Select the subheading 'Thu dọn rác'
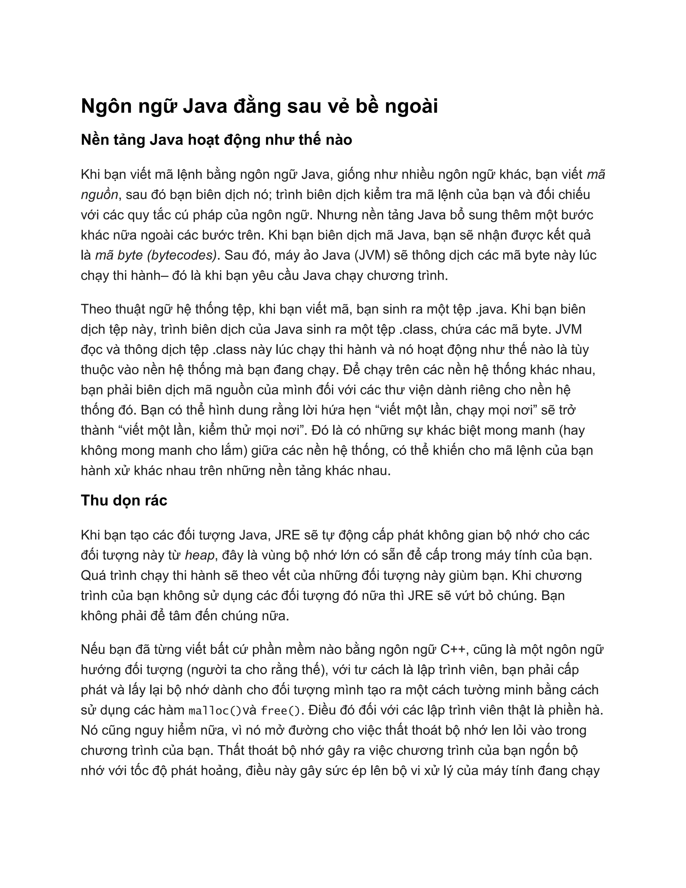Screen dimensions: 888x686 tap(124, 501)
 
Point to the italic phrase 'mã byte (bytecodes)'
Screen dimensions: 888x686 tap(156, 255)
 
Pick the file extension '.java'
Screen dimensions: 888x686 tap(491, 309)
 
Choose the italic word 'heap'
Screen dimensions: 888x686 tap(200, 555)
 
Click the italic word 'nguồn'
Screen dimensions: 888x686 tap(99, 195)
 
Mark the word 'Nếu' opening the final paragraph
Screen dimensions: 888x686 tap(93, 650)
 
